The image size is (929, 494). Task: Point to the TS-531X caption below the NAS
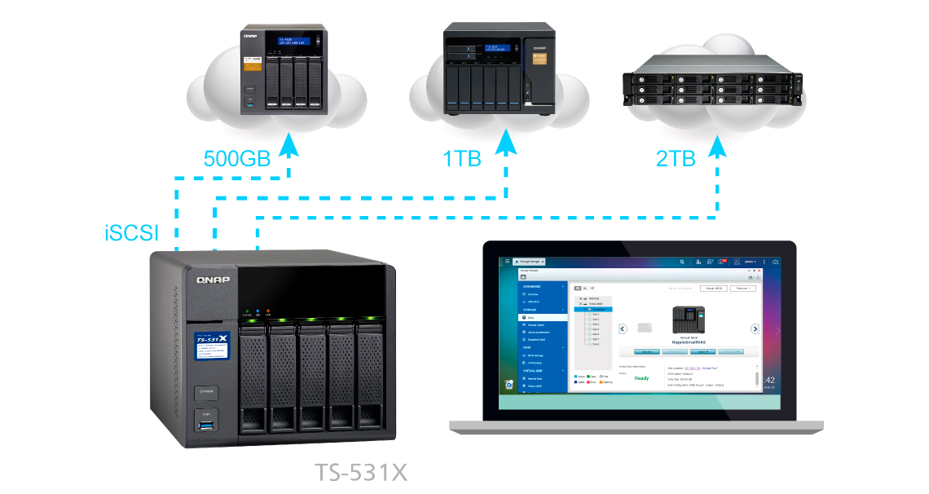[361, 472]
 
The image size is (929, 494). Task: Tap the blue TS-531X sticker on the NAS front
[211, 349]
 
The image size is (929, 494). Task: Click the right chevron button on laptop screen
[755, 329]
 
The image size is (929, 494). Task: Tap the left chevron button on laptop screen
[622, 329]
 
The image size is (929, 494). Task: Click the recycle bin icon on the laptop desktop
[509, 384]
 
